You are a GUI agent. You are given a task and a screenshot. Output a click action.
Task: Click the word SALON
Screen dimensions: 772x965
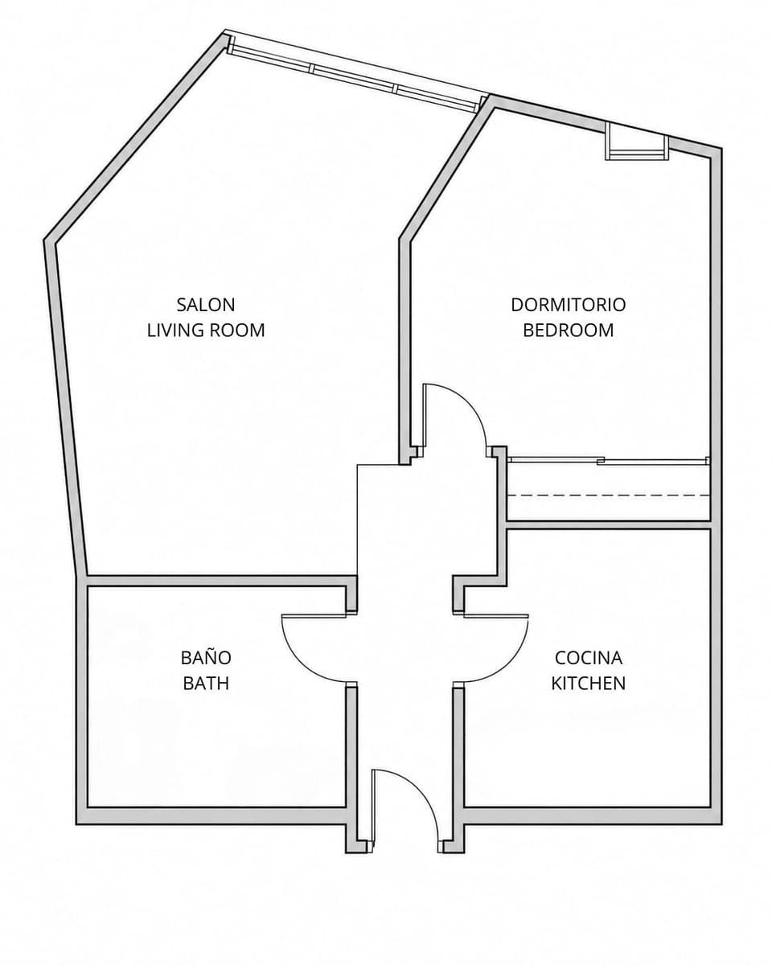tap(206, 305)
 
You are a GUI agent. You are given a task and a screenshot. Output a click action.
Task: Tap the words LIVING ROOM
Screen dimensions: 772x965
tap(206, 331)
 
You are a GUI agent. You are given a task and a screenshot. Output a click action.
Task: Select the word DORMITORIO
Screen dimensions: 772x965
tap(569, 305)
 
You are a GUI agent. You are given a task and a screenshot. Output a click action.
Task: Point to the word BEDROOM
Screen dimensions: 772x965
tap(569, 331)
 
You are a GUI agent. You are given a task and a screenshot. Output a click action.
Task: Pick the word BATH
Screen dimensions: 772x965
tap(206, 684)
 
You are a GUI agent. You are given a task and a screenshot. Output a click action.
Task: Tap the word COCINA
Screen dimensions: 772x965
tap(589, 658)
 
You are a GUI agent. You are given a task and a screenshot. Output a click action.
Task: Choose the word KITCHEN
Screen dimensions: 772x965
tap(589, 684)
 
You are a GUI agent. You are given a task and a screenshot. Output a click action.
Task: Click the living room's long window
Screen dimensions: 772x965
tap(355, 72)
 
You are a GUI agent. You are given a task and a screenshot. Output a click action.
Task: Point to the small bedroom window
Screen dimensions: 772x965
tap(636, 142)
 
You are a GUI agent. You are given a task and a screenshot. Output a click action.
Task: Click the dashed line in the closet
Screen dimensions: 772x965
tap(609, 495)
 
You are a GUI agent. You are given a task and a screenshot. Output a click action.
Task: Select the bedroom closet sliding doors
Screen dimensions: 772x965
tap(609, 460)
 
